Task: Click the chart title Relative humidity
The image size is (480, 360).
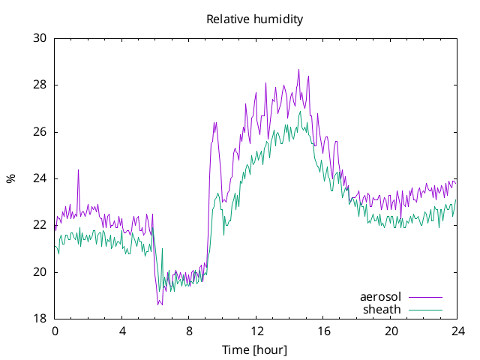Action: pyautogui.click(x=255, y=19)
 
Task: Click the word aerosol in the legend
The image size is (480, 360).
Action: pyautogui.click(x=380, y=297)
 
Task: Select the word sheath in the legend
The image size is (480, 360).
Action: pyautogui.click(x=382, y=310)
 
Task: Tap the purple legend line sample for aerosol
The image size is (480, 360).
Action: pyautogui.click(x=425, y=297)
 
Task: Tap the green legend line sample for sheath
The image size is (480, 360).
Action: pyautogui.click(x=425, y=310)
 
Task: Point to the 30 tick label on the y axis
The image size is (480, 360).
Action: pyautogui.click(x=40, y=38)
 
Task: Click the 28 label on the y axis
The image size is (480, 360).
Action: pyautogui.click(x=40, y=85)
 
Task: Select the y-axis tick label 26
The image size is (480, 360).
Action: pyautogui.click(x=40, y=132)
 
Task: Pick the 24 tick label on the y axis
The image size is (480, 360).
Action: pyautogui.click(x=40, y=178)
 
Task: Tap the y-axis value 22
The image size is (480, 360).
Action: pyautogui.click(x=40, y=225)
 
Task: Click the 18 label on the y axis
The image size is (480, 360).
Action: pyautogui.click(x=40, y=319)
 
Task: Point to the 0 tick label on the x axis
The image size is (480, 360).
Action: pyautogui.click(x=55, y=331)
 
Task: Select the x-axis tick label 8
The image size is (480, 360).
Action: pyautogui.click(x=189, y=331)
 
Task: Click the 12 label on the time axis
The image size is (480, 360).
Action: pyautogui.click(x=256, y=331)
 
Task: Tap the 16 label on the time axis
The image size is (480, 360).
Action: pyautogui.click(x=323, y=331)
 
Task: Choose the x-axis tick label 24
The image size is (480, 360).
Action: pyautogui.click(x=457, y=331)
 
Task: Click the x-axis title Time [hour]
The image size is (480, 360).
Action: pyautogui.click(x=255, y=350)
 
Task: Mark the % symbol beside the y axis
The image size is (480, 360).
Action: pyautogui.click(x=10, y=178)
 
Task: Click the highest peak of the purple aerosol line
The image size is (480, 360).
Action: pyautogui.click(x=298, y=70)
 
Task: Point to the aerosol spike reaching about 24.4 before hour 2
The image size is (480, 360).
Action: pyautogui.click(x=78, y=170)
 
